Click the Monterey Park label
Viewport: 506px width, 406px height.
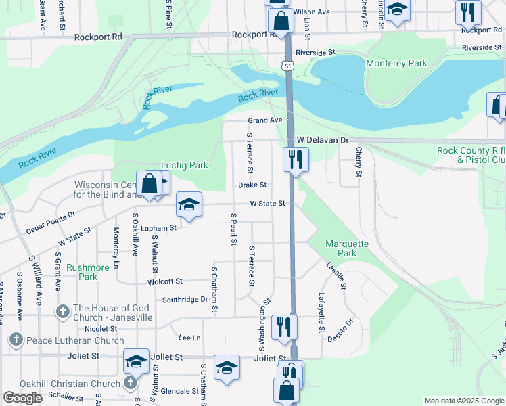(x=396, y=63)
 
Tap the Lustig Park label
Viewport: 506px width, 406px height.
(x=184, y=165)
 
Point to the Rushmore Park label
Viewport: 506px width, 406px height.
(x=87, y=271)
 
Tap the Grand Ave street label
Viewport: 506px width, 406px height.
(x=264, y=120)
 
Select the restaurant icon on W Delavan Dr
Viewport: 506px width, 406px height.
(x=295, y=160)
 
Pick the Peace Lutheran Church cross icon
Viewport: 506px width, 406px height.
(x=16, y=338)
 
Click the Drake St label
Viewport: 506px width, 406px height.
(x=252, y=185)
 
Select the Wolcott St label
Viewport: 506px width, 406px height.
(x=166, y=281)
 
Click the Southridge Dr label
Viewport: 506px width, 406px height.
(x=185, y=299)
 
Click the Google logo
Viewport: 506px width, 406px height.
(x=23, y=398)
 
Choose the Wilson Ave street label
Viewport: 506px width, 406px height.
(x=311, y=12)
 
